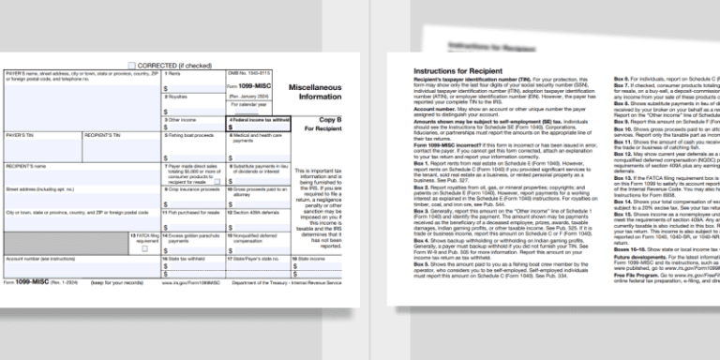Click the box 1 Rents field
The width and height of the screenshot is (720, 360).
pyautogui.click(x=192, y=82)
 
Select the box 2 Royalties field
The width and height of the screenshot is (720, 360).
pyautogui.click(x=192, y=104)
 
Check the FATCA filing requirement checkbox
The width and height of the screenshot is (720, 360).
pyautogui.click(x=143, y=248)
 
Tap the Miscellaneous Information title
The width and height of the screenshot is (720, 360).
pyautogui.click(x=314, y=91)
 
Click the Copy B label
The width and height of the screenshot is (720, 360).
pyautogui.click(x=330, y=121)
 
